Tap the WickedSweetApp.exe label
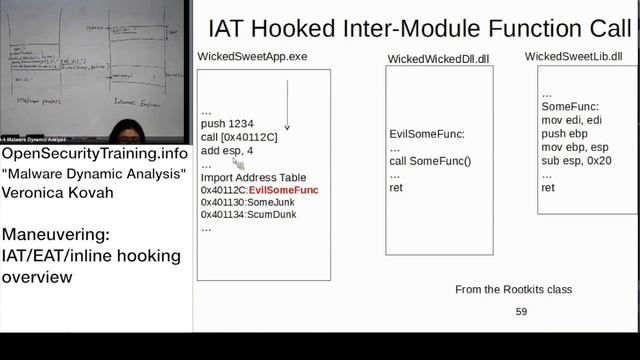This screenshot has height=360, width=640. click(252, 57)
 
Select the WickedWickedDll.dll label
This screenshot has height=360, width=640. click(438, 59)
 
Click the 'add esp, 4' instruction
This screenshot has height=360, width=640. click(227, 150)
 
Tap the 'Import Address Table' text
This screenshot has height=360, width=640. click(253, 177)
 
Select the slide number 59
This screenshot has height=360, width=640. click(521, 312)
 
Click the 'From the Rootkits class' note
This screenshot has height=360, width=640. click(513, 289)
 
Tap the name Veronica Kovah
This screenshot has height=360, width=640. click(56, 192)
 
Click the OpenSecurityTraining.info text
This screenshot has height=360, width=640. click(94, 154)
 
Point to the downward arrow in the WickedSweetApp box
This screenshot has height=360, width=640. click(287, 105)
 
